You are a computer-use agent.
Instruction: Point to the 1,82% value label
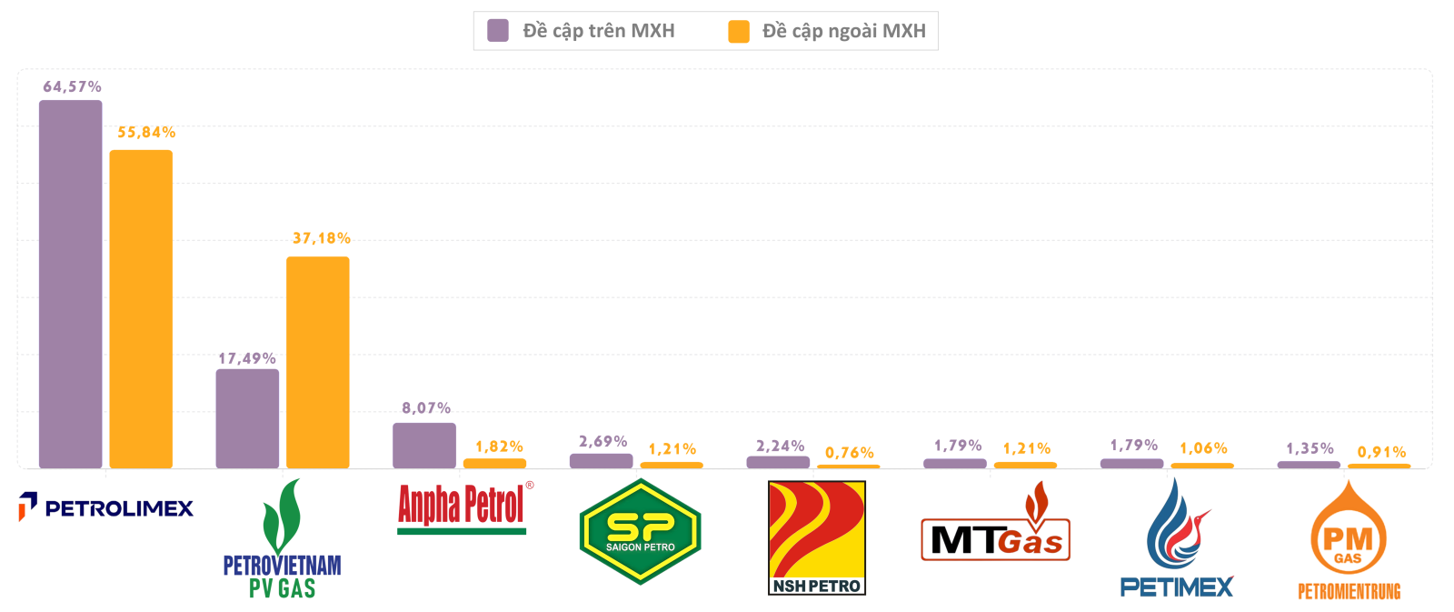499,446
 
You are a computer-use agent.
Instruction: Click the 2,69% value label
603,441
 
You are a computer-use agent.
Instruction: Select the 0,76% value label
850,452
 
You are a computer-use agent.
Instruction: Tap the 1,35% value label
1310,448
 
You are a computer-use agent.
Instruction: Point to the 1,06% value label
1203,448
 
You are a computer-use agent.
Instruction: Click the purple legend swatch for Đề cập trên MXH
498,31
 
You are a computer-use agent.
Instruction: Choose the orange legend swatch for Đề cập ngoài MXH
739,31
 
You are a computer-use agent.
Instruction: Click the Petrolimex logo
106,507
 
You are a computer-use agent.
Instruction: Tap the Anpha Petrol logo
463,507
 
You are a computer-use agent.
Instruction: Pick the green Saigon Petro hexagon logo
641,532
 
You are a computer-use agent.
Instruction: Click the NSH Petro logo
816,538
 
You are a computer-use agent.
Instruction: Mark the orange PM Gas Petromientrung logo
1349,542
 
